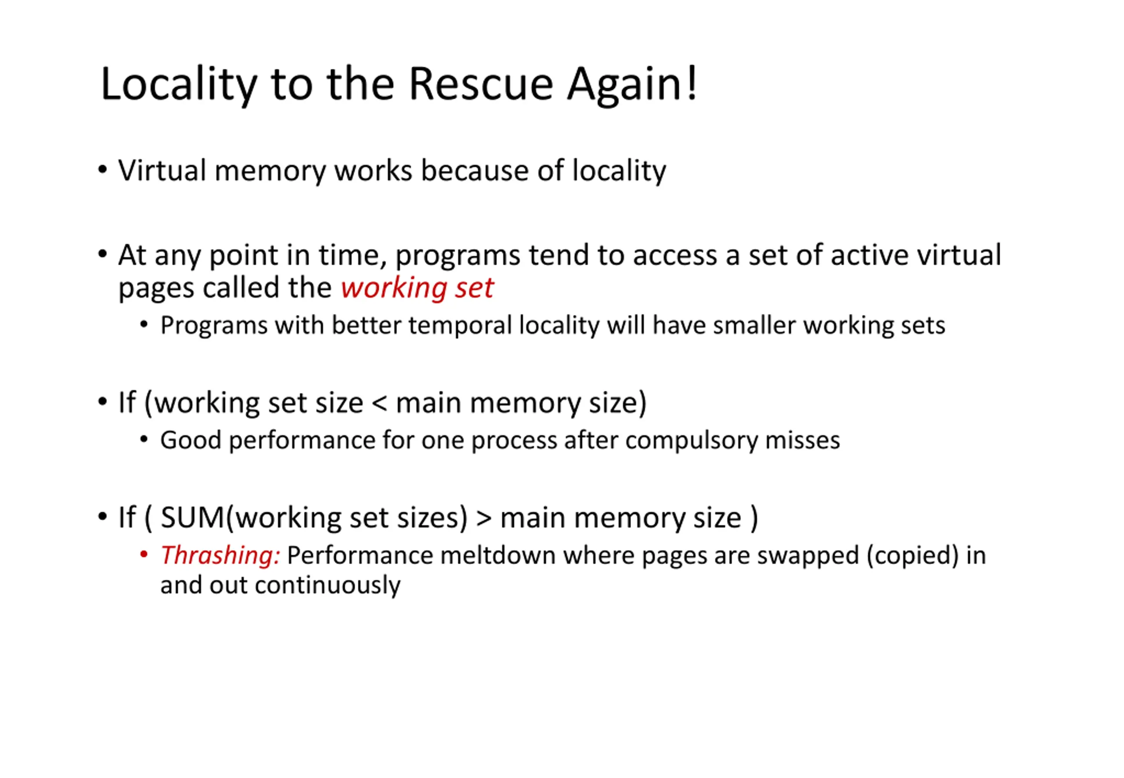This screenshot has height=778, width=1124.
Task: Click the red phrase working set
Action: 417,287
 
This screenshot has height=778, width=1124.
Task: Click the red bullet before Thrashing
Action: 144,554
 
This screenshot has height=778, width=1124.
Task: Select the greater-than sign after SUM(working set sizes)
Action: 483,518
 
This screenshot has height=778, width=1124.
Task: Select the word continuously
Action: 327,585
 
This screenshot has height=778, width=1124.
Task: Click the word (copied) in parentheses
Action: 912,555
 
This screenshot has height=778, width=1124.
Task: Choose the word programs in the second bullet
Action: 457,256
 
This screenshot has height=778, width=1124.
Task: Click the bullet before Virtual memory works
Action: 102,169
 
